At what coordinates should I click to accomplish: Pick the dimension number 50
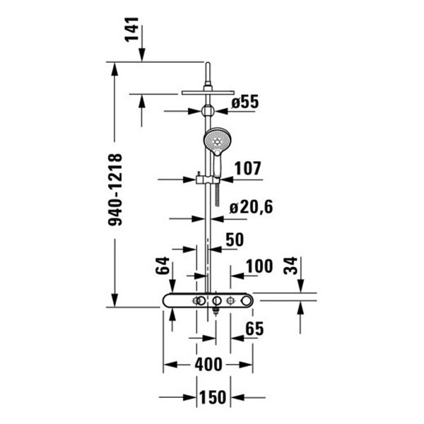tap(234, 240)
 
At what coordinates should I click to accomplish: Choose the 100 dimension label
tap(259, 267)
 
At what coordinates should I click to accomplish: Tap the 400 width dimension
tap(208, 365)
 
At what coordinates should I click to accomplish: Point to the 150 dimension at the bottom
tap(212, 397)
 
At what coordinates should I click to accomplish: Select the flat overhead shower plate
tap(207, 91)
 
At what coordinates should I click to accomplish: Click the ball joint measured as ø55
tap(207, 111)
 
